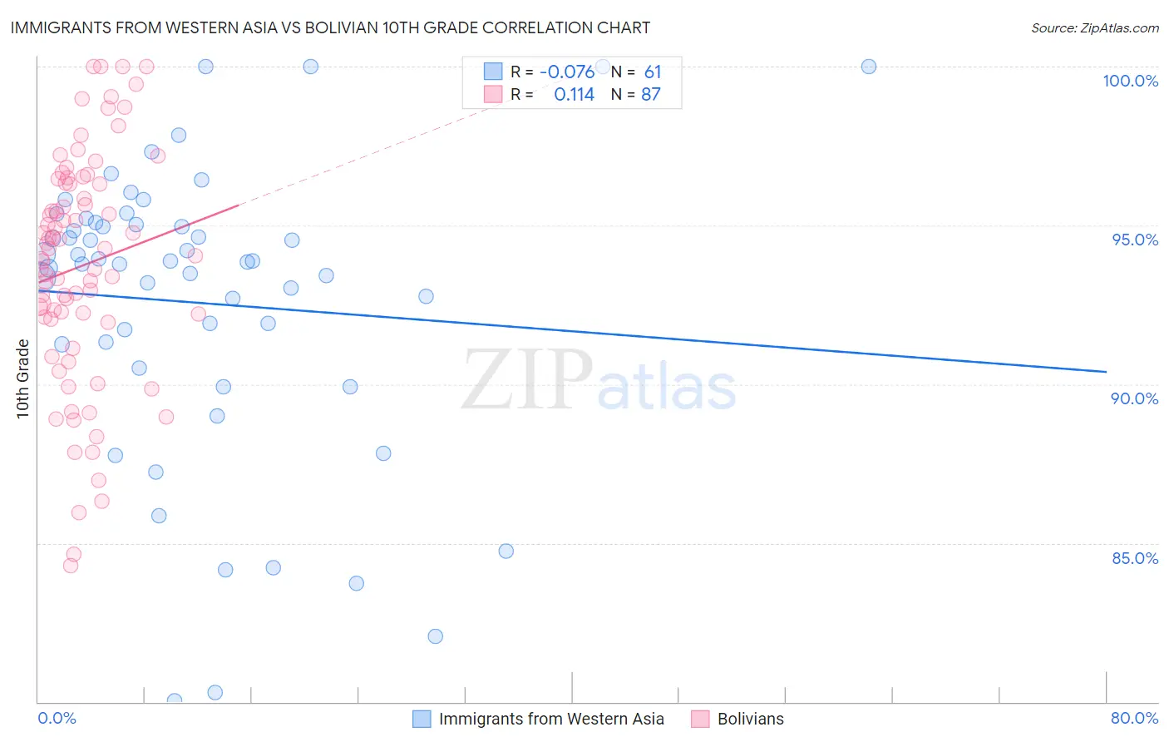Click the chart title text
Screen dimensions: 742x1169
coord(330,27)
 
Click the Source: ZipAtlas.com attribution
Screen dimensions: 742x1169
coord(1094,27)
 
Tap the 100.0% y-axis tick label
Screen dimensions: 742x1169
coord(1130,81)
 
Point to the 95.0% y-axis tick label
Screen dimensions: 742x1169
coord(1135,240)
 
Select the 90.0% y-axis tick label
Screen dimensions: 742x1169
coord(1134,398)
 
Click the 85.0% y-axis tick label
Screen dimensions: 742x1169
coord(1135,558)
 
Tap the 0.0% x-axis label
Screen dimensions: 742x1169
coord(57,718)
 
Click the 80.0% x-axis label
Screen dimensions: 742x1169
coord(1134,718)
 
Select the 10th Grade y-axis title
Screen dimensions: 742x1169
coord(23,378)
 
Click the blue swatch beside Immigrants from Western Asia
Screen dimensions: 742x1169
coord(422,719)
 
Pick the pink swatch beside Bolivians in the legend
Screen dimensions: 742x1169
coord(700,719)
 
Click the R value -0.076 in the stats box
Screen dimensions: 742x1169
coord(567,72)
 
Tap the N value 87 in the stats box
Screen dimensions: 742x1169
coord(650,95)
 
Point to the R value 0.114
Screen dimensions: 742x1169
coord(574,95)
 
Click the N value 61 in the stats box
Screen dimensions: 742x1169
coord(652,72)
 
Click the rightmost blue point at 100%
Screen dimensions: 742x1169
coord(868,67)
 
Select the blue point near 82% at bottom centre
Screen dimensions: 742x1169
coord(435,636)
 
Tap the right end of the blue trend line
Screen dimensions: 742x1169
coord(1106,371)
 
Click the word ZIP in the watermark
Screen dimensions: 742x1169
coord(527,379)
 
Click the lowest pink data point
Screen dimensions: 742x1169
coord(71,566)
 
